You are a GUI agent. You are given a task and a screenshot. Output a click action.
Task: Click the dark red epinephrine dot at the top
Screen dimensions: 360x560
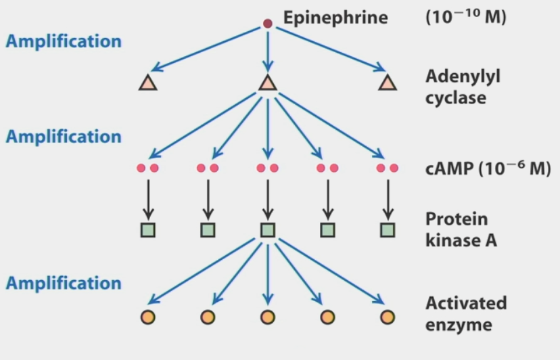[x=268, y=24]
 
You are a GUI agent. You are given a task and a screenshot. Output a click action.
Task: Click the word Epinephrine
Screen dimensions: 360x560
[x=335, y=18]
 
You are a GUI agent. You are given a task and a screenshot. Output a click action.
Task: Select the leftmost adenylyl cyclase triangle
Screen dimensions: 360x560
[x=148, y=83]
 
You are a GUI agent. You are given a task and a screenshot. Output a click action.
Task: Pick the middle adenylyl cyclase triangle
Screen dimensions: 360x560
[x=268, y=83]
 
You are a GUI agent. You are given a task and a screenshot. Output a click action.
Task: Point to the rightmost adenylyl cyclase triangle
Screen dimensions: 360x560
[x=388, y=83]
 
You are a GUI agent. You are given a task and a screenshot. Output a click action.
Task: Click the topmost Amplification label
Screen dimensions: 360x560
[x=64, y=41]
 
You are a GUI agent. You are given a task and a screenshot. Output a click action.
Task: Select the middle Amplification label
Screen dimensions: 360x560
[x=64, y=136]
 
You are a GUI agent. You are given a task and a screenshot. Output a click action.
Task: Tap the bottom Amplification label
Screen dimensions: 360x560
[x=64, y=283]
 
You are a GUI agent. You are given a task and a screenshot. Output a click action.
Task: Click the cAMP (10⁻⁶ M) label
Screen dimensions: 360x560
[x=488, y=168]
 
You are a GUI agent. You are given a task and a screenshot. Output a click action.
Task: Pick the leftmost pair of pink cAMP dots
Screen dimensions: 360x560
[x=148, y=168]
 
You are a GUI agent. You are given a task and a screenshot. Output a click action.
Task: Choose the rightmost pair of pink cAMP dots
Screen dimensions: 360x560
[x=388, y=168]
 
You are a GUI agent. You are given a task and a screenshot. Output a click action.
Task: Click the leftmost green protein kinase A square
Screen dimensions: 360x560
[x=148, y=230]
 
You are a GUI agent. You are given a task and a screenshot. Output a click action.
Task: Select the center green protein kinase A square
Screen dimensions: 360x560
[x=268, y=230]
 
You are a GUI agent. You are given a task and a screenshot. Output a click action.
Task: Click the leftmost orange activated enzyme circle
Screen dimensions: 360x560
[x=148, y=317]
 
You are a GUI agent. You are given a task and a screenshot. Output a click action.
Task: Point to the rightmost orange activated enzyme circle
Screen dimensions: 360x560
[x=388, y=317]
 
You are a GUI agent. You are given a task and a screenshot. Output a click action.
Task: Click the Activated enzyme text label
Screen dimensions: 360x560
[x=465, y=313]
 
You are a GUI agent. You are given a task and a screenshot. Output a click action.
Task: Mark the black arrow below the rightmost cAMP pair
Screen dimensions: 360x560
[x=388, y=199]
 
